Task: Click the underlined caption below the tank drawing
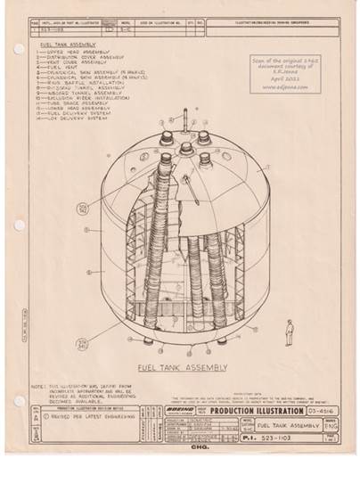pyautogui.click(x=184, y=366)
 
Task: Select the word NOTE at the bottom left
pyautogui.click(x=37, y=384)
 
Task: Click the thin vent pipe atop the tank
pyautogui.click(x=185, y=118)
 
